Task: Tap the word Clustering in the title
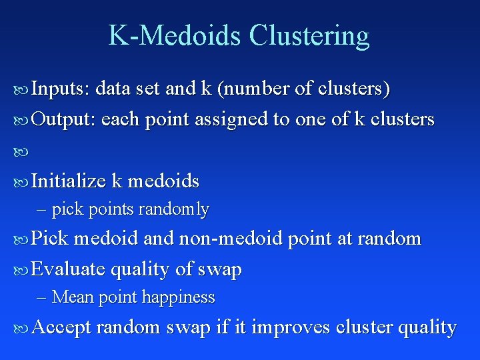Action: coord(309,35)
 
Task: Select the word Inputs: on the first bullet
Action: coord(61,88)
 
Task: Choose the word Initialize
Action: coord(69,181)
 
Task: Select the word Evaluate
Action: coord(68,269)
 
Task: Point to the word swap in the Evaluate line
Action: coord(220,269)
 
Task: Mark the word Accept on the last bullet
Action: coord(61,328)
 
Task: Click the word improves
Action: coord(293,328)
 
